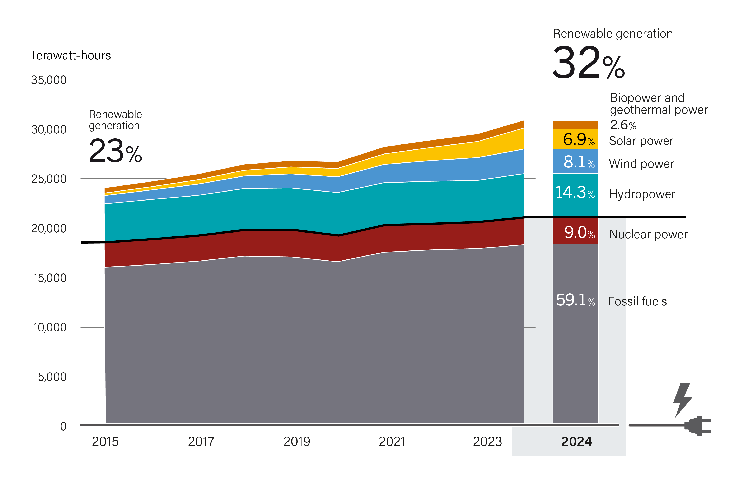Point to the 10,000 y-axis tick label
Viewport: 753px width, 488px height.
tap(50, 327)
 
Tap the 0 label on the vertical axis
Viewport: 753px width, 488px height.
tap(63, 426)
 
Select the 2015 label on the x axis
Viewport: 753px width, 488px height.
tap(105, 441)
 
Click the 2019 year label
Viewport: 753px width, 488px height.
tap(296, 441)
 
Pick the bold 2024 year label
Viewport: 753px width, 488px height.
tap(576, 441)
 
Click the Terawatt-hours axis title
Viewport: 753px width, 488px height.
tap(71, 55)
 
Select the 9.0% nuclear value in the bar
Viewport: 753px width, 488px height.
tap(579, 233)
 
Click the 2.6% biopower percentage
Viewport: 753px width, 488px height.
tap(623, 125)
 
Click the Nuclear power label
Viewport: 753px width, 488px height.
tap(648, 234)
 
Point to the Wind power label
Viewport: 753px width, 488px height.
tap(641, 164)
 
